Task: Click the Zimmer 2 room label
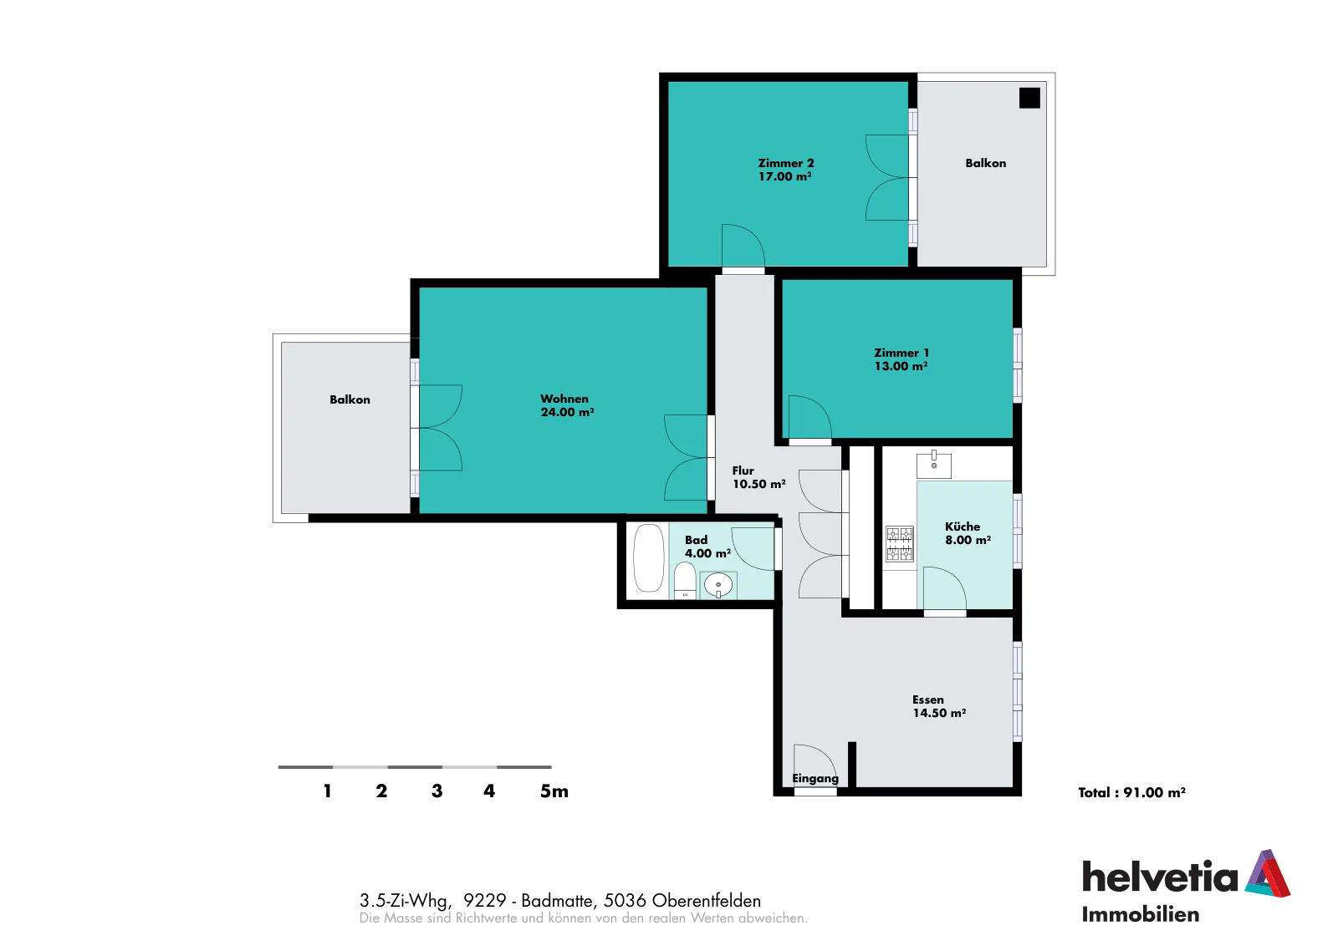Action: coord(785,170)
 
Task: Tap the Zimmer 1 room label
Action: coord(901,359)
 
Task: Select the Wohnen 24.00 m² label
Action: coord(567,405)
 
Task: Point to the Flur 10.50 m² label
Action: coord(758,477)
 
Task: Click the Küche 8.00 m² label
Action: coord(968,533)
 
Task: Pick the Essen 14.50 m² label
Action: coord(939,706)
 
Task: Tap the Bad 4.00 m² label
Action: coord(707,546)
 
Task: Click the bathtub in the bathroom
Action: coord(649,558)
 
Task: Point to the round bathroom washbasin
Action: coord(718,586)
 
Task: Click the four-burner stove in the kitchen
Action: coord(900,544)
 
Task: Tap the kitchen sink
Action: coord(933,465)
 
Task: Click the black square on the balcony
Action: coord(1029,98)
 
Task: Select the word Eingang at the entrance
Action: coord(815,778)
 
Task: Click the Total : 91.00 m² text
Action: coord(1131,792)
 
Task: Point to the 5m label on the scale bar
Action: coord(554,791)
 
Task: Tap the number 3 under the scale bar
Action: coord(437,791)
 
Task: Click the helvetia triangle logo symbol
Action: coord(1268,873)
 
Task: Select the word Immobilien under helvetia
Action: coord(1141,915)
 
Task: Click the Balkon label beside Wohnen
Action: coord(350,400)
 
